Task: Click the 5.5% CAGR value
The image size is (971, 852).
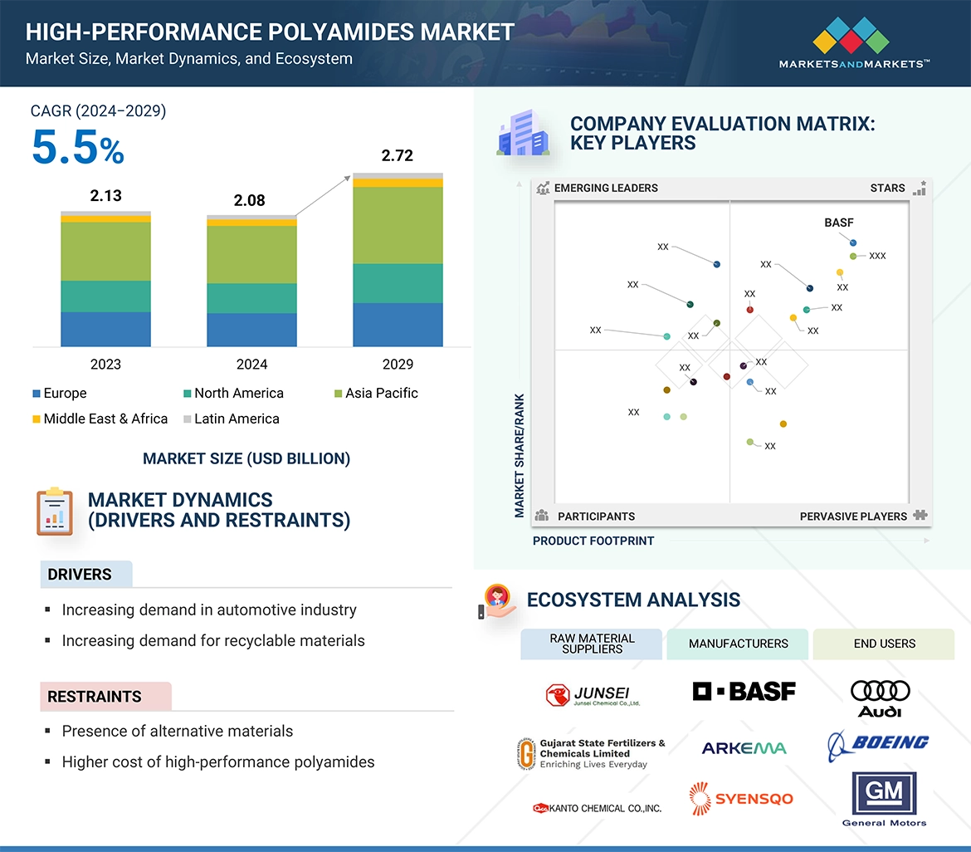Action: [77, 149]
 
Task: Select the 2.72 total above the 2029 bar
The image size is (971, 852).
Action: [397, 155]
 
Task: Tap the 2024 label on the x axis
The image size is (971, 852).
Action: [251, 365]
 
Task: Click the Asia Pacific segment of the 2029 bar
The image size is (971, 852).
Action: [398, 225]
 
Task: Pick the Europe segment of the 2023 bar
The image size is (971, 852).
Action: [105, 329]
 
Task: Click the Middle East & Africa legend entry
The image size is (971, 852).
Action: [100, 419]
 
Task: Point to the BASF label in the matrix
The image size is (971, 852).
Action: [838, 223]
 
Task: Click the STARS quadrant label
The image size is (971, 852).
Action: [887, 189]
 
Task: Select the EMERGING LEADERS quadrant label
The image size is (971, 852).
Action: [606, 189]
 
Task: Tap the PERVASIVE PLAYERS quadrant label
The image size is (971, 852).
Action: [853, 517]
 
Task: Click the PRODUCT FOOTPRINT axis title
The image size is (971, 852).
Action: [593, 541]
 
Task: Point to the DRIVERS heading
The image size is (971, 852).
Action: [80, 575]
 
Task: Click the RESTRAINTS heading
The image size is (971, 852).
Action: [95, 697]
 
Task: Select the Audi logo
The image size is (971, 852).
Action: [881, 698]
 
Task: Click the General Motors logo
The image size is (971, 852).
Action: [884, 799]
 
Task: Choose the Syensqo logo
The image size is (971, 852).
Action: [741, 799]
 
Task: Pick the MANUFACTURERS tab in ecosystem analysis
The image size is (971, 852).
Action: [738, 644]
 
